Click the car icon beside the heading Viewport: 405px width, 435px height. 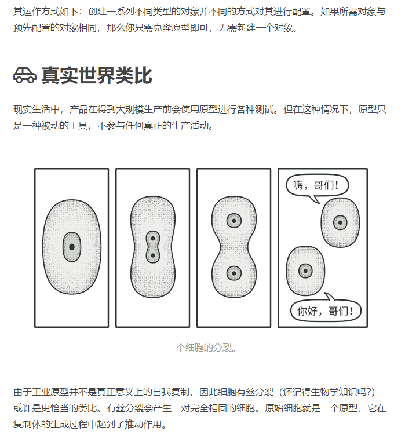tap(25, 75)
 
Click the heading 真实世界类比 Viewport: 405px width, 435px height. tap(97, 75)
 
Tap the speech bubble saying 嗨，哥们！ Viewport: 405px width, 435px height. tap(317, 185)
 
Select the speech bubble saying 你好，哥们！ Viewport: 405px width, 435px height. tap(326, 310)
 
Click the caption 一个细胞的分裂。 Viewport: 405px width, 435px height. tap(202, 348)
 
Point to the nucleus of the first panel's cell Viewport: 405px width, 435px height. tap(72, 247)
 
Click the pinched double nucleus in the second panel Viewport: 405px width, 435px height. tap(153, 247)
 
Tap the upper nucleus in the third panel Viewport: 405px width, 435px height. tap(234, 221)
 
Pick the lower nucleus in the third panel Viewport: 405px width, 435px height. tap(234, 273)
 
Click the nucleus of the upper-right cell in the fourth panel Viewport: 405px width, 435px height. tap(340, 222)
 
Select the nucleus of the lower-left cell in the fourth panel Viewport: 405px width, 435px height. tap(305, 270)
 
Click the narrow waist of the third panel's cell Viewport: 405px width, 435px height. tap(234, 247)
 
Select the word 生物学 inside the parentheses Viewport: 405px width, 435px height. tap(324, 392)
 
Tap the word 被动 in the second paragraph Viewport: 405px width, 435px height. tap(50, 125)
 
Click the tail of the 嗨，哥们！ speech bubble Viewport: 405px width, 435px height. tap(315, 200)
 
